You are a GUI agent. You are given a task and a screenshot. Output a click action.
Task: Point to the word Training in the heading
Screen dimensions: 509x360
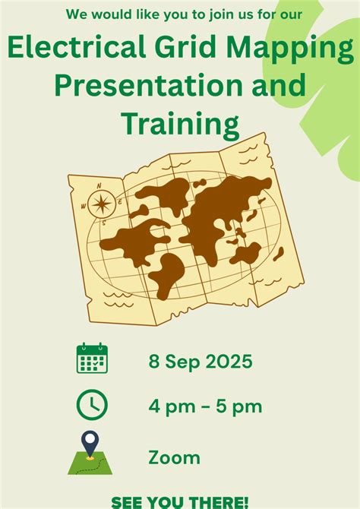click(179, 122)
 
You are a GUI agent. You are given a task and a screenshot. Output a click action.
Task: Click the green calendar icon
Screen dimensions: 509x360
click(92, 358)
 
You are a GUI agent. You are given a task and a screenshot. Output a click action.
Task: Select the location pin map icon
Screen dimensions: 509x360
click(91, 454)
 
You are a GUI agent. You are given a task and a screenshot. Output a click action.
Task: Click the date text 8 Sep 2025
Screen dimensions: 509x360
click(200, 360)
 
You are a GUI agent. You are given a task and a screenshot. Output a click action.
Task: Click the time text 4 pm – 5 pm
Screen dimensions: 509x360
click(205, 406)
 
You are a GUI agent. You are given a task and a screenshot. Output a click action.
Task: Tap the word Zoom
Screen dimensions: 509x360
click(175, 457)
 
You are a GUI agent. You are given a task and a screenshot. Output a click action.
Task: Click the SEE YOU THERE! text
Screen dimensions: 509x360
click(180, 501)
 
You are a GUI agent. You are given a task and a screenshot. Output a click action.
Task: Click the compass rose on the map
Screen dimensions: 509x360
click(101, 204)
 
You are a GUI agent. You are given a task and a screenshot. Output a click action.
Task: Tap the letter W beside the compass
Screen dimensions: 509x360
click(84, 206)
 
